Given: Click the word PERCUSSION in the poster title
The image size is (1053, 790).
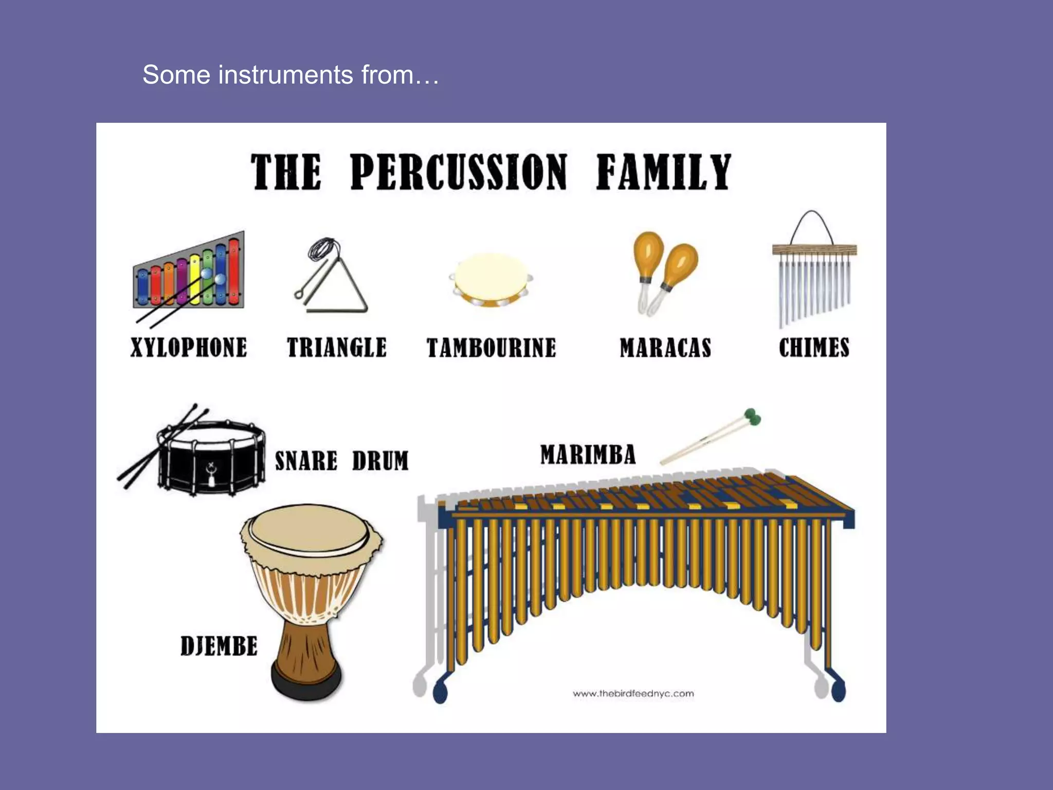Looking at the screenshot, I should click(x=459, y=172).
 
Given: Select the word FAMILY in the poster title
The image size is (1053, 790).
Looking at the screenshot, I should click(x=663, y=172).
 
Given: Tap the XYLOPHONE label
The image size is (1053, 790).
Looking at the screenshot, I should click(x=189, y=348).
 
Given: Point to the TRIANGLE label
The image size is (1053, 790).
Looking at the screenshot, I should click(x=337, y=348).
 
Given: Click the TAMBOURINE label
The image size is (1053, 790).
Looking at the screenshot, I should click(x=492, y=348).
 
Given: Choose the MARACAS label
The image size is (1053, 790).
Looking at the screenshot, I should click(x=665, y=348).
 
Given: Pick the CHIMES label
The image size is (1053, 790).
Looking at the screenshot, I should click(x=814, y=348).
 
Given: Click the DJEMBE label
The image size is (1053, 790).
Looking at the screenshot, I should click(x=219, y=646).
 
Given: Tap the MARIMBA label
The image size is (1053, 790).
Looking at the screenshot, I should click(x=588, y=455).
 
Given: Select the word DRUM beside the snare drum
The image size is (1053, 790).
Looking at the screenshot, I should click(x=380, y=461).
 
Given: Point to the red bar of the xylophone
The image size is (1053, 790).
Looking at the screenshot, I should click(x=234, y=273).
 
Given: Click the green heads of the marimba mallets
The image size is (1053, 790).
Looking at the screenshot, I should click(x=753, y=417).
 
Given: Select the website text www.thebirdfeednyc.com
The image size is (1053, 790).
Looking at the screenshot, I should click(x=633, y=694).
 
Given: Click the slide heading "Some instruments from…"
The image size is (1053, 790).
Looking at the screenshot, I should click(x=291, y=75).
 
